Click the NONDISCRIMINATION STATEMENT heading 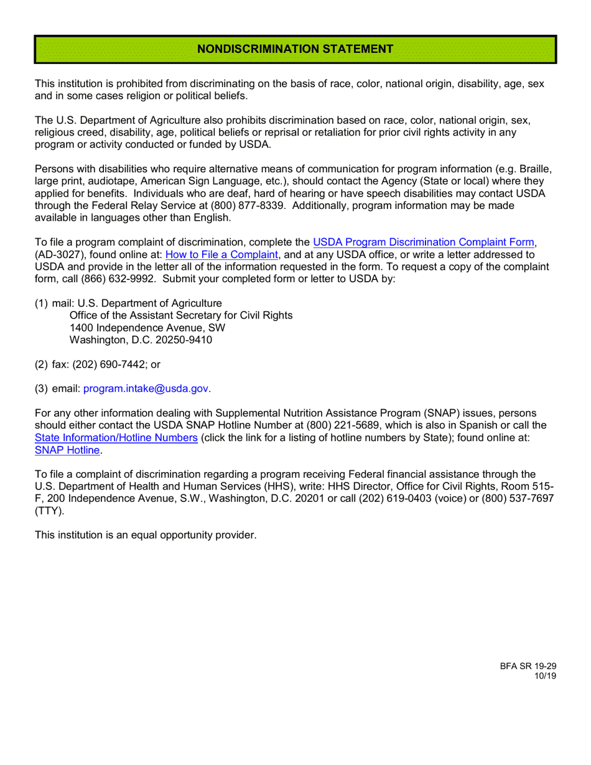(295, 49)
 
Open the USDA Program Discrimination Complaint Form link (423, 243)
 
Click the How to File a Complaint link (221, 254)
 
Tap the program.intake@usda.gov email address (146, 389)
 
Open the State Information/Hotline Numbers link (116, 438)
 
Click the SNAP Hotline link (67, 450)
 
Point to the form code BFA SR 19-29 (528, 665)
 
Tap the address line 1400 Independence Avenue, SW (147, 328)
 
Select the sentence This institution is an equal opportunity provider (146, 535)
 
